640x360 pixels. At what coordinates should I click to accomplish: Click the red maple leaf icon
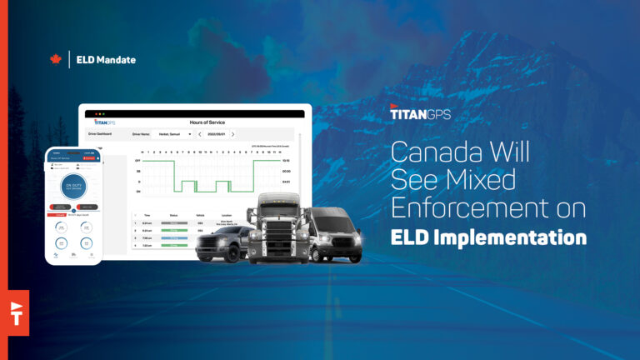tap(56, 60)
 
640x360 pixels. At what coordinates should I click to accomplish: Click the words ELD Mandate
tap(106, 60)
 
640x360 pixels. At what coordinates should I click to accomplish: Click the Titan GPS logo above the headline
tap(420, 113)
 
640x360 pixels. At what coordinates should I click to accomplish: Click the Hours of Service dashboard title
tap(197, 122)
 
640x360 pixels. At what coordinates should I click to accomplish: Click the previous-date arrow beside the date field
tap(200, 134)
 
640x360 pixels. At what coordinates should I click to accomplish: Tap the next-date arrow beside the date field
tap(232, 134)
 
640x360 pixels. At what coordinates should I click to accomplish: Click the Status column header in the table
tap(173, 214)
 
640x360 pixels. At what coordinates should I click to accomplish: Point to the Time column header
tap(147, 214)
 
